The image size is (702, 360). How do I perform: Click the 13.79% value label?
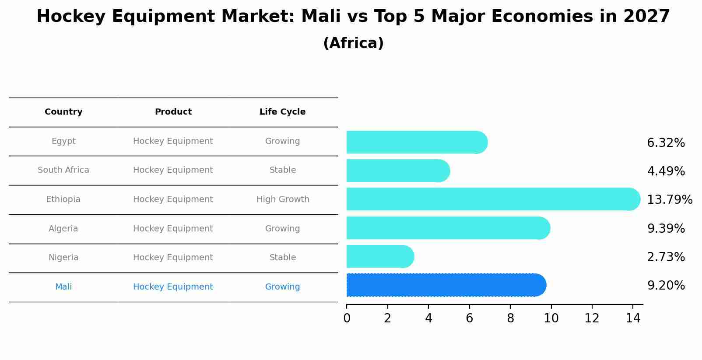[x=669, y=200]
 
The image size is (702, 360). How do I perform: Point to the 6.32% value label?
[x=666, y=143]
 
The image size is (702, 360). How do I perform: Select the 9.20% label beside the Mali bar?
[x=666, y=286]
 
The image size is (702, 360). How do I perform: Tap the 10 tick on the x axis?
[x=551, y=318]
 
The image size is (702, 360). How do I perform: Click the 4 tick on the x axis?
[x=428, y=318]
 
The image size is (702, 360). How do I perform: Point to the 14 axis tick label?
[x=633, y=318]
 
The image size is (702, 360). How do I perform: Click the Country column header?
[x=63, y=112]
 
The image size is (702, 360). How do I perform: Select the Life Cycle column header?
[x=282, y=112]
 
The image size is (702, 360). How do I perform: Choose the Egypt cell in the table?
[x=63, y=141]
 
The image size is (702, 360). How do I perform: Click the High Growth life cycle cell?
[x=283, y=199]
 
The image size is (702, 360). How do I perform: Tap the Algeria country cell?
[x=63, y=229]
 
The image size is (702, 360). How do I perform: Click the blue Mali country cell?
[x=63, y=287]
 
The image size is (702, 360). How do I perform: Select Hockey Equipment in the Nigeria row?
[x=173, y=258]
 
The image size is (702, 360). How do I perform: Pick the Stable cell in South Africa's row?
[x=283, y=170]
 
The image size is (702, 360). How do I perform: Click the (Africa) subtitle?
[x=353, y=43]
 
